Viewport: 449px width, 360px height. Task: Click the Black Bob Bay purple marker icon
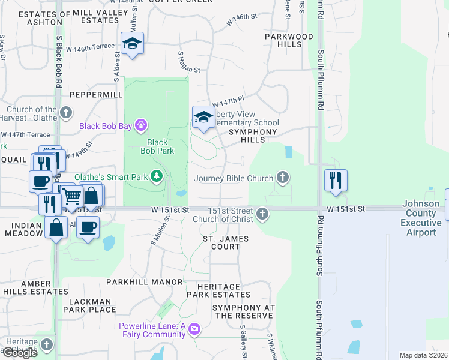point(141,125)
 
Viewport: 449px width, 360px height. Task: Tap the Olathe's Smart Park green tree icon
point(157,176)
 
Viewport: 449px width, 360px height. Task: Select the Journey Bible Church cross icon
point(283,178)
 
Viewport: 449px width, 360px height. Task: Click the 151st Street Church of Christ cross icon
point(262,214)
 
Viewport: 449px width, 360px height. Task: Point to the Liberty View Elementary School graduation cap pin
point(203,117)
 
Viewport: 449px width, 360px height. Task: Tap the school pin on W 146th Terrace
point(132,44)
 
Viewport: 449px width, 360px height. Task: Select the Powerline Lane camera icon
point(194,329)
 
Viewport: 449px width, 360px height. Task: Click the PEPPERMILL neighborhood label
point(91,95)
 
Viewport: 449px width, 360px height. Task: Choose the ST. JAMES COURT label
point(225,242)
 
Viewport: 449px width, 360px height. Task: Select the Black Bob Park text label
point(157,146)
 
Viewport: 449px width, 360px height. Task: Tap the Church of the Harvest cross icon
point(66,112)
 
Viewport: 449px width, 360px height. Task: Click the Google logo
point(20,353)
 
